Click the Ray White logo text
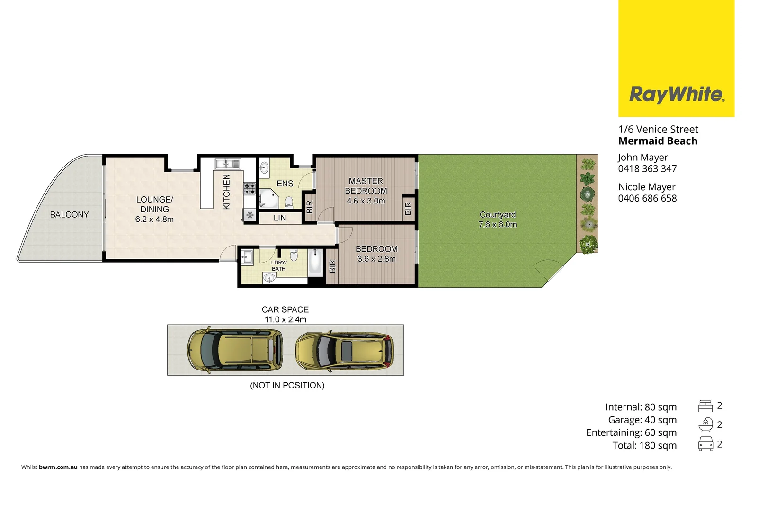[x=676, y=94]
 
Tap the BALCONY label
[x=70, y=215]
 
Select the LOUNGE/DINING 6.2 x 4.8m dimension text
[x=154, y=220]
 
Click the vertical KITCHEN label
[x=227, y=192]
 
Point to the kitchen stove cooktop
[x=250, y=189]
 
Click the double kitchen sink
[x=228, y=164]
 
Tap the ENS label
[x=285, y=184]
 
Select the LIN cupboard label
[x=280, y=218]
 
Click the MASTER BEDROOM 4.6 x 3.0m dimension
[x=366, y=201]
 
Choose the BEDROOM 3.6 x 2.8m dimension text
[x=376, y=259]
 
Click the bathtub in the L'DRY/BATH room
[x=315, y=263]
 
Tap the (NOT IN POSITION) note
[x=287, y=386]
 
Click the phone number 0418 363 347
[x=647, y=169]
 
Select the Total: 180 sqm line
[x=644, y=446]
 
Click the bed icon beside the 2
[x=705, y=406]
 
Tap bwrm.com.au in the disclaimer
[x=58, y=467]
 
